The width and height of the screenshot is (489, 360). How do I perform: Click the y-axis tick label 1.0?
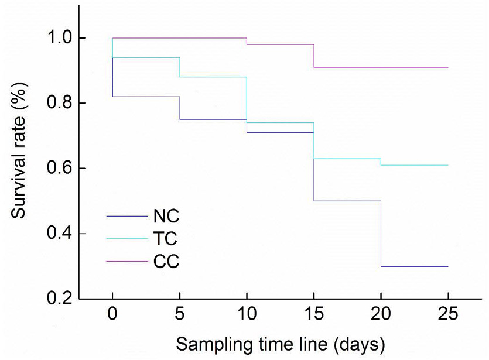point(59,37)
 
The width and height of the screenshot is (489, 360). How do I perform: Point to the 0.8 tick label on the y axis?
point(59,103)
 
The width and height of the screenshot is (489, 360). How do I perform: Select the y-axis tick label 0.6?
point(59,169)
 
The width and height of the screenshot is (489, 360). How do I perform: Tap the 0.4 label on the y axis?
point(59,234)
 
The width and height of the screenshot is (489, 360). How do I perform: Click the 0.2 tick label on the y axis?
point(59,299)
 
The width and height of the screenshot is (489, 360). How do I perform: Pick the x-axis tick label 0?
point(112,314)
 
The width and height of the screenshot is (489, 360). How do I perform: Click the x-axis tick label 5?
point(180,314)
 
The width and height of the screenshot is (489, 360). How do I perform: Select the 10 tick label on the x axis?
point(247,314)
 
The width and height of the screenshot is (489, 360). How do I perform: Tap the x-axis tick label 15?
point(314,314)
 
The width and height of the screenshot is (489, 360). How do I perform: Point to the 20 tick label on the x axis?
point(381,314)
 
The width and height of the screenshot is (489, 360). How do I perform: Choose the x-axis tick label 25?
point(448,314)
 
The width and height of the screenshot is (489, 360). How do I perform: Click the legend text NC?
point(166,216)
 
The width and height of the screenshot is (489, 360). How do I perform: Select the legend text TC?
point(165,239)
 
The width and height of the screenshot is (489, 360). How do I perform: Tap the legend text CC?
point(166,261)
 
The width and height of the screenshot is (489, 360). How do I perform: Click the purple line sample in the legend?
point(127,261)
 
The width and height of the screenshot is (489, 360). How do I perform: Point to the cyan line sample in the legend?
point(127,239)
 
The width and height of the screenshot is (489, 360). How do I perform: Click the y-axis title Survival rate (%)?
point(19,150)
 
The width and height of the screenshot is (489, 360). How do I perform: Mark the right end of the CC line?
point(448,67)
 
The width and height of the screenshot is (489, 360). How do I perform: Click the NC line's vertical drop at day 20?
point(381,234)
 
